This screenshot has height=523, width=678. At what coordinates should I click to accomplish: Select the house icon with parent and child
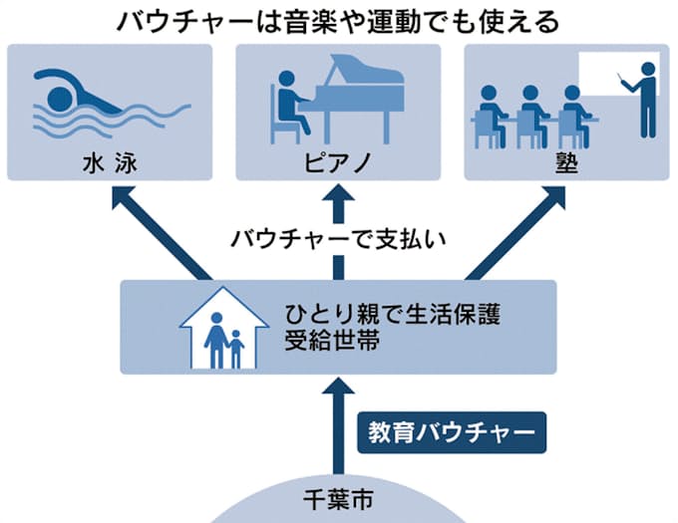tap(223, 329)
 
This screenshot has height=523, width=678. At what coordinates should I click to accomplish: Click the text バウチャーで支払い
tap(339, 239)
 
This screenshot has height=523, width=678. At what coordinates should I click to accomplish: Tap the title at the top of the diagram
tap(338, 21)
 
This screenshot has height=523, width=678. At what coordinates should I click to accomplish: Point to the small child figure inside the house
tap(236, 350)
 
